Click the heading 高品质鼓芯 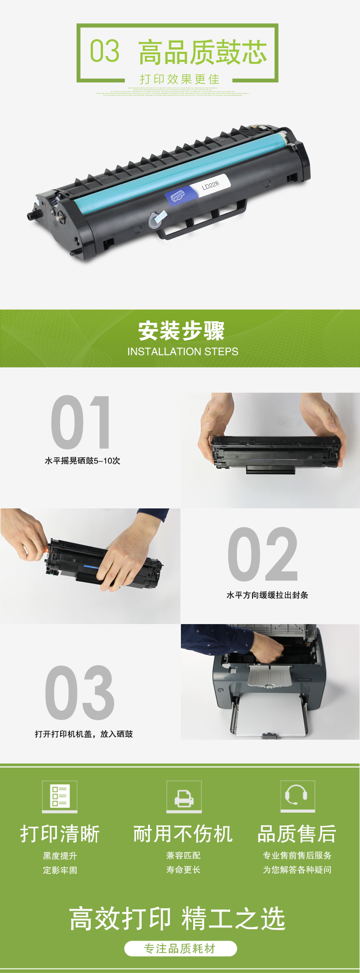point(203,52)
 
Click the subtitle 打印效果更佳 point(180,79)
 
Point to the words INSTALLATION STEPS point(183,352)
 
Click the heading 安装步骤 point(181,331)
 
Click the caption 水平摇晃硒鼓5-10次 point(82,461)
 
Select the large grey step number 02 point(263,554)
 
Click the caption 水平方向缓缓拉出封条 point(267,595)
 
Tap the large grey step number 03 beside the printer point(80,692)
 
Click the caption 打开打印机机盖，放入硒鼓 point(84,734)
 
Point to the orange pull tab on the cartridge point(46,550)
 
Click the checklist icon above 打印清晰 point(60,796)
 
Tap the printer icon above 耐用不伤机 point(184,796)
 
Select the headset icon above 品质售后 point(298,796)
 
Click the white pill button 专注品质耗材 point(180,948)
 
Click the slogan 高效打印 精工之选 point(177,918)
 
